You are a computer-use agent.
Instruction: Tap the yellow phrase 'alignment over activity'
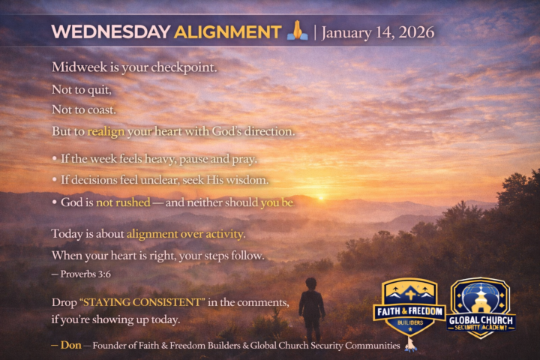(185, 233)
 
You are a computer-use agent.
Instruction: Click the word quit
(99, 89)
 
